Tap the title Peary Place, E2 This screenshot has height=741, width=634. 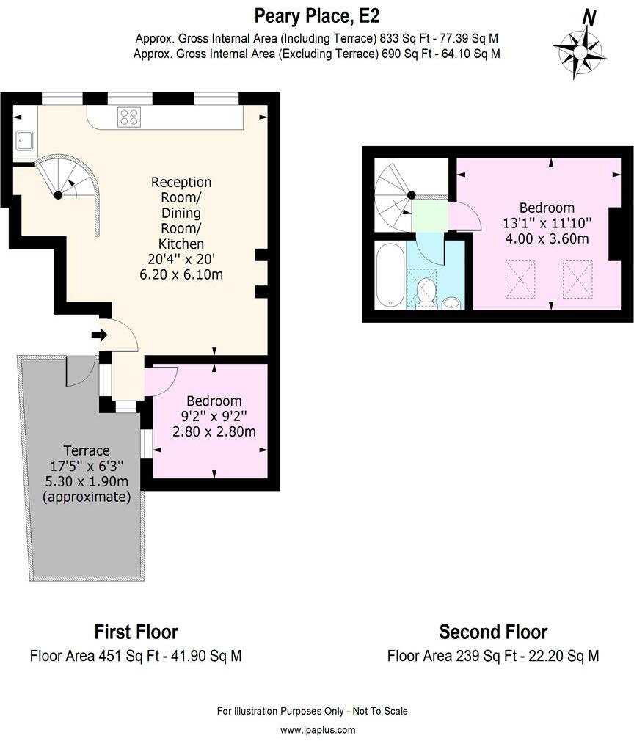click(x=317, y=15)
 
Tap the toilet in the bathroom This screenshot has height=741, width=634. click(x=425, y=293)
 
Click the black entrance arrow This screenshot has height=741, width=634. click(x=98, y=335)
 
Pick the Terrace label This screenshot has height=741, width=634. click(x=86, y=450)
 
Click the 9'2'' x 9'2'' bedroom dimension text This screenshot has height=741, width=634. click(x=214, y=416)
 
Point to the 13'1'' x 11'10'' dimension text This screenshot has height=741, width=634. click(x=547, y=223)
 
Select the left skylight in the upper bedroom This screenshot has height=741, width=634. click(x=520, y=279)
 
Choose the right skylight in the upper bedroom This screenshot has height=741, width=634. click(x=577, y=279)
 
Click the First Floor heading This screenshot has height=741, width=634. click(x=136, y=632)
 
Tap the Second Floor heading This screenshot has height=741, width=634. click(x=493, y=632)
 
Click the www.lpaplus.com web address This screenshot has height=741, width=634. click(x=317, y=730)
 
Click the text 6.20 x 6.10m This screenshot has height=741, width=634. click(x=181, y=274)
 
